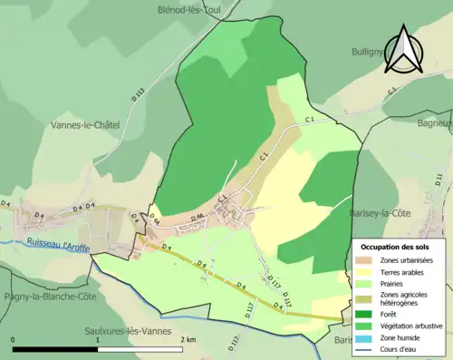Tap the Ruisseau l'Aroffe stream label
pos(58,243)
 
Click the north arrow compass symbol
pos(401,50)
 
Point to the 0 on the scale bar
pos(14,339)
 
